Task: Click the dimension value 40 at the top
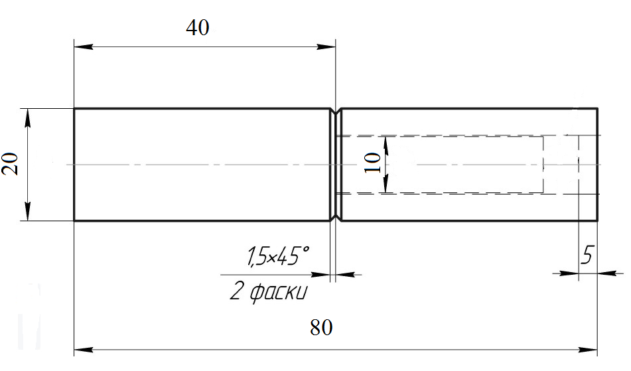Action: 198,28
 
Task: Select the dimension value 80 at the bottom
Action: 321,328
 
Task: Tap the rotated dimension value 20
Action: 10,164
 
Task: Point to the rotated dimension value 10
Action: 373,163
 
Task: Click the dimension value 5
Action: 587,254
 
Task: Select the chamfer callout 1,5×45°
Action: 278,256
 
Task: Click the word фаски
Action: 278,292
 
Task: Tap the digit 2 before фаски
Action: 236,291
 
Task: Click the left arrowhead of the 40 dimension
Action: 84,46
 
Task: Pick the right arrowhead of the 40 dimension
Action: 326,46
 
